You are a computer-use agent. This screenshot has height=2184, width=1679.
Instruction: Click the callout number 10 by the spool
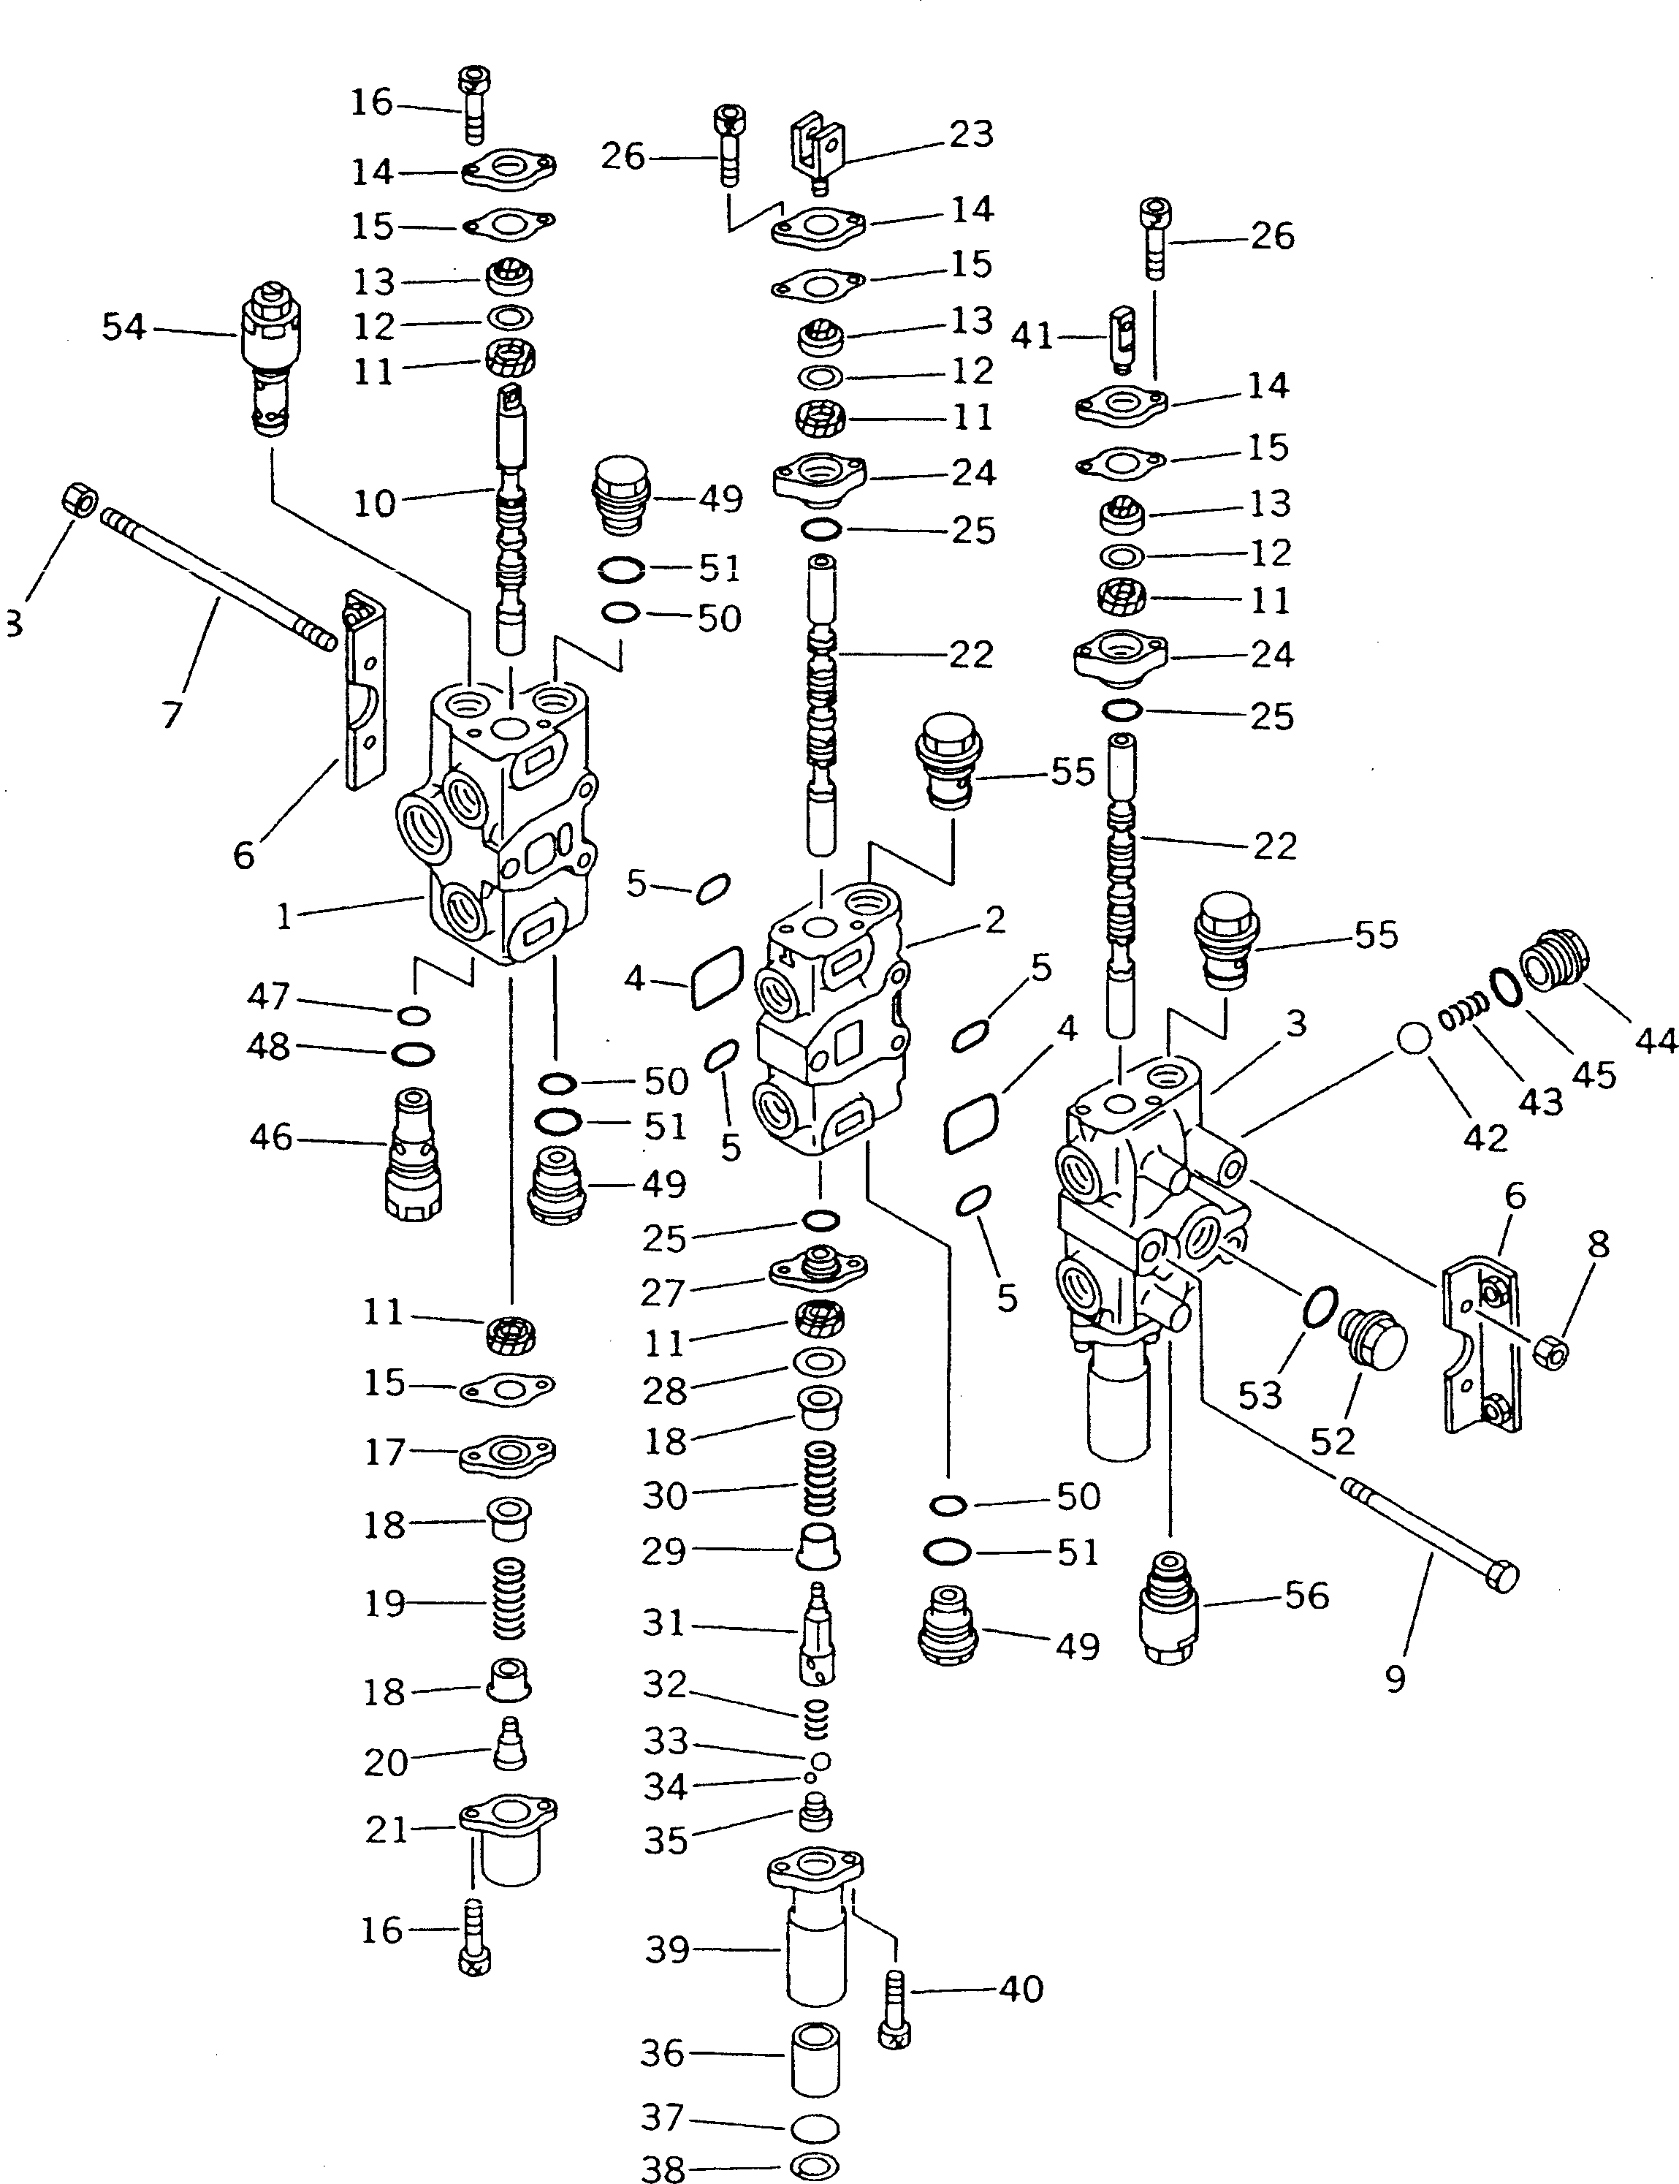pyautogui.click(x=375, y=503)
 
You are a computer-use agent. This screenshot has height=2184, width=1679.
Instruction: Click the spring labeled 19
pyautogui.click(x=510, y=1599)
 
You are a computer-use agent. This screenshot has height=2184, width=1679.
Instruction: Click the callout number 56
pyautogui.click(x=1306, y=1596)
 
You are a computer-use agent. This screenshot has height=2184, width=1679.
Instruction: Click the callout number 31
pyautogui.click(x=663, y=1622)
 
